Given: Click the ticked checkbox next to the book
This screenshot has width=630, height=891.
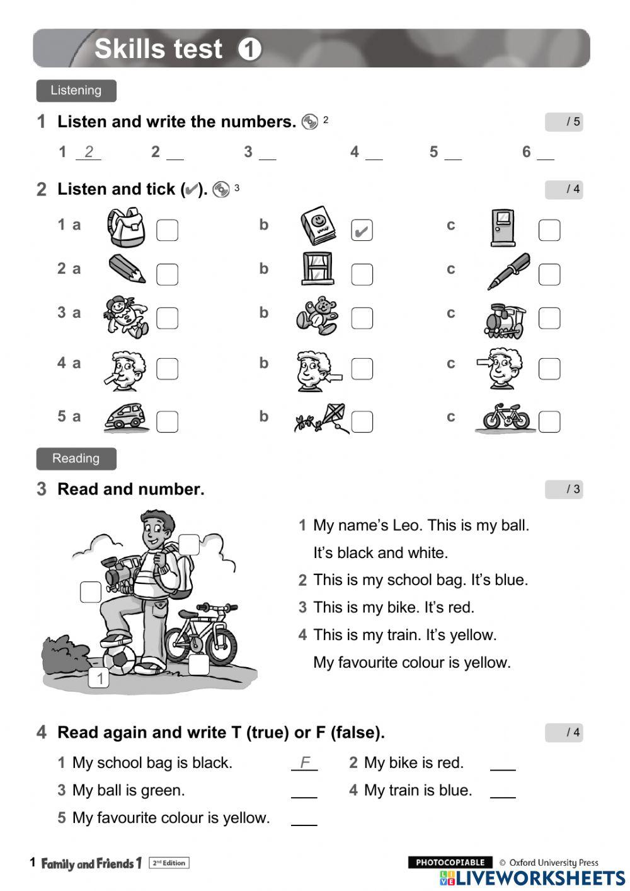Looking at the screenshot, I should pos(362,231).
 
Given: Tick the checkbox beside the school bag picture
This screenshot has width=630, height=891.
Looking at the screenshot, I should pos(167,231).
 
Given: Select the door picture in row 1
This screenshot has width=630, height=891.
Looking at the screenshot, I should pos(503,228).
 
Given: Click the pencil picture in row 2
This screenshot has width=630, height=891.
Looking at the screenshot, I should pos(127,269).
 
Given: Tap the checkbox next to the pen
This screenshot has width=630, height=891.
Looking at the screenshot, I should pos(549,274).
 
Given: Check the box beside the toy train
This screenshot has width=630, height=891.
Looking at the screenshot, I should pos(549,318).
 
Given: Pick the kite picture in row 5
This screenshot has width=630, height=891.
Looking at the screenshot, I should pos(323,418).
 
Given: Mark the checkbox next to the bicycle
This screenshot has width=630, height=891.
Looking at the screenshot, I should pos(549,421).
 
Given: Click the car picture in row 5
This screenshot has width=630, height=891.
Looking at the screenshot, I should pos(125,417).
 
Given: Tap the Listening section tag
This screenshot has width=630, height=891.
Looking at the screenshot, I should pos(76,91).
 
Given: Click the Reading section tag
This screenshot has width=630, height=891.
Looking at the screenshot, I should pos(76,458).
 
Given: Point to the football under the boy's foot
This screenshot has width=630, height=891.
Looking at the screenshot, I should pos(119,659).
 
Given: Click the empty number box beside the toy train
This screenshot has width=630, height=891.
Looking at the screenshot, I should pos(91,591).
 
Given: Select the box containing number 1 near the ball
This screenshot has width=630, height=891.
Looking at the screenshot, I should pos(100,679).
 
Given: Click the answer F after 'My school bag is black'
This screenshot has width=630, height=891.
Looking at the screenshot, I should pos(305,763).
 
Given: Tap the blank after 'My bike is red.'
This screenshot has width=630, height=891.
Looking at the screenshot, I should pos(503,764).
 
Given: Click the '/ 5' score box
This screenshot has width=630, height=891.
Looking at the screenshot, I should pos(564,122).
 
